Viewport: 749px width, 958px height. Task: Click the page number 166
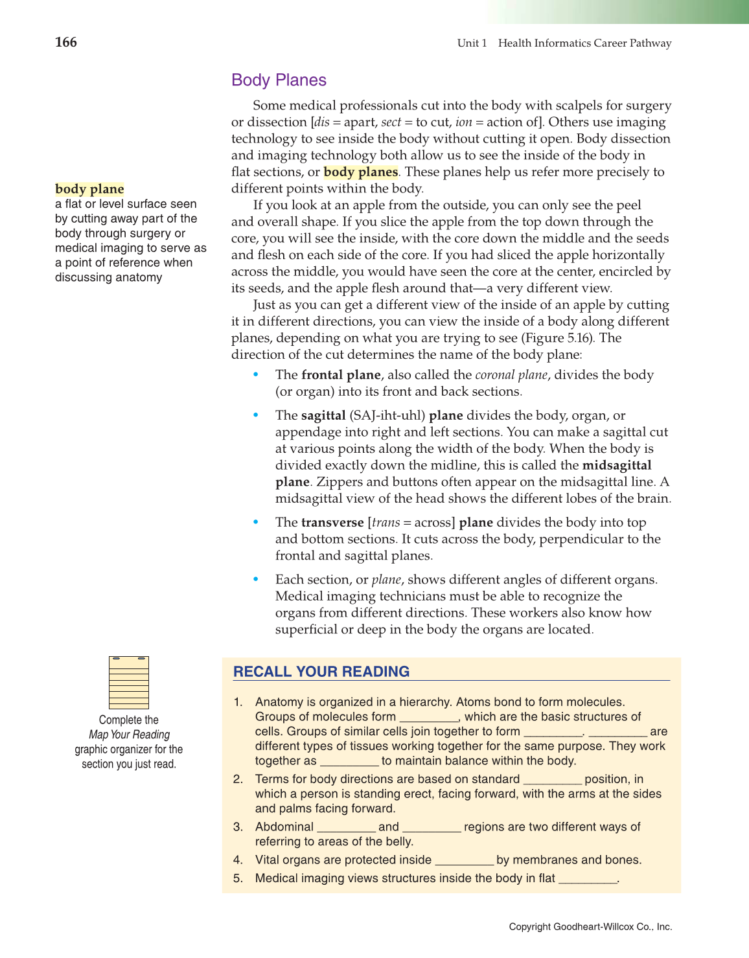pyautogui.click(x=66, y=43)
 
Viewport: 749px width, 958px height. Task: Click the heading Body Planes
pyautogui.click(x=279, y=80)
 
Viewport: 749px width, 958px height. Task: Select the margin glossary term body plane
pyautogui.click(x=89, y=189)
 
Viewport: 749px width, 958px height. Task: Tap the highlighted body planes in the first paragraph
pyautogui.click(x=360, y=172)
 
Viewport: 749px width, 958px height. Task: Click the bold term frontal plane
pyautogui.click(x=341, y=375)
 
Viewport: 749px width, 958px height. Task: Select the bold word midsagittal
pyautogui.click(x=616, y=466)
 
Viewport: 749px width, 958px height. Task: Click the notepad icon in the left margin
pyautogui.click(x=129, y=682)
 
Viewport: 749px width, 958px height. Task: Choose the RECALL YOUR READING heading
pyautogui.click(x=321, y=672)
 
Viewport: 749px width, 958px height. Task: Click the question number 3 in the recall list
pyautogui.click(x=238, y=827)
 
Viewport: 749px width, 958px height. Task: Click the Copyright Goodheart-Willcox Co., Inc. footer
pyautogui.click(x=590, y=927)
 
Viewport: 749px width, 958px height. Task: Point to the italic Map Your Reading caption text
pyautogui.click(x=129, y=735)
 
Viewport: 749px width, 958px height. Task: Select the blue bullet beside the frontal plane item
pyautogui.click(x=256, y=375)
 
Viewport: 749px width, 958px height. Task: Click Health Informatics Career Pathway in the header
pyautogui.click(x=584, y=43)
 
